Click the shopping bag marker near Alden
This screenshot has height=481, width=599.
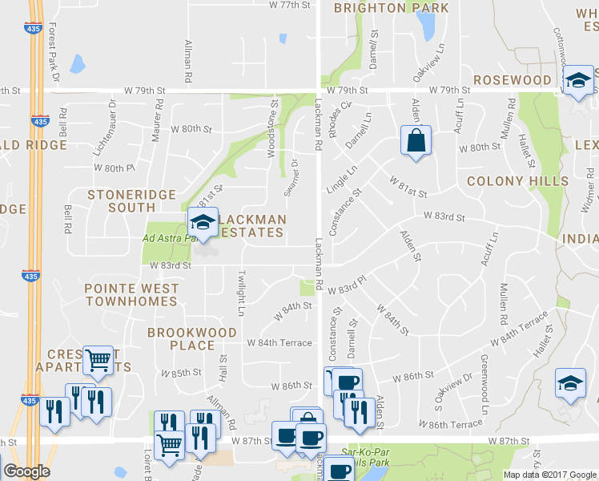(x=416, y=140)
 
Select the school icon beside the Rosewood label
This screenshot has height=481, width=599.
(x=578, y=81)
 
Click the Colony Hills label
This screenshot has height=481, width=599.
(x=517, y=181)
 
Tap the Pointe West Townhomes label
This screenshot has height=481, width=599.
(x=131, y=294)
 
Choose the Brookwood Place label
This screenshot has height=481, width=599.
(x=192, y=338)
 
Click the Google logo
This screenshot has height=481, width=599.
(x=26, y=471)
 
